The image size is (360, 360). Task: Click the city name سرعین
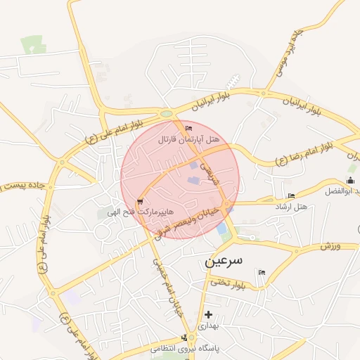pyautogui.click(x=224, y=260)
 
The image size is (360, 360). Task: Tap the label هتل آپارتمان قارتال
pyautogui.click(x=189, y=140)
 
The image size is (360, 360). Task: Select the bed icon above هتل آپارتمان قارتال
pyautogui.click(x=188, y=128)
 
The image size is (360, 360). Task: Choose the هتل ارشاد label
pyautogui.click(x=292, y=206)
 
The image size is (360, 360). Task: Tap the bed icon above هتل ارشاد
pyautogui.click(x=291, y=195)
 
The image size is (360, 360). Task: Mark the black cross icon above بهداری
pyautogui.click(x=208, y=314)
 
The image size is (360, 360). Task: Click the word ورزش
pyautogui.click(x=330, y=246)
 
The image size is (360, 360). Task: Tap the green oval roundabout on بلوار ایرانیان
pyautogui.click(x=167, y=114)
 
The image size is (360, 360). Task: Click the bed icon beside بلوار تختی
pyautogui.click(x=262, y=272)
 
